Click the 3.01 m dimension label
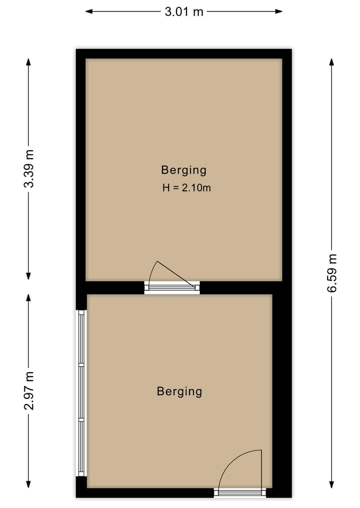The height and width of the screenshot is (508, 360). (x=184, y=11)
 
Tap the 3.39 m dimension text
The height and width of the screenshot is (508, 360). (x=29, y=168)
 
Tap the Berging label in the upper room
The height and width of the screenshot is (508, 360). (x=183, y=170)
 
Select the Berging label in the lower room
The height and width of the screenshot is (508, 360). (x=179, y=391)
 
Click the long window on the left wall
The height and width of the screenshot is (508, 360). (x=81, y=393)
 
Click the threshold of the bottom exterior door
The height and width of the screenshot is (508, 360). (x=240, y=493)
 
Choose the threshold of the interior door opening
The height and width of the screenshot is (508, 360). (x=171, y=287)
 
